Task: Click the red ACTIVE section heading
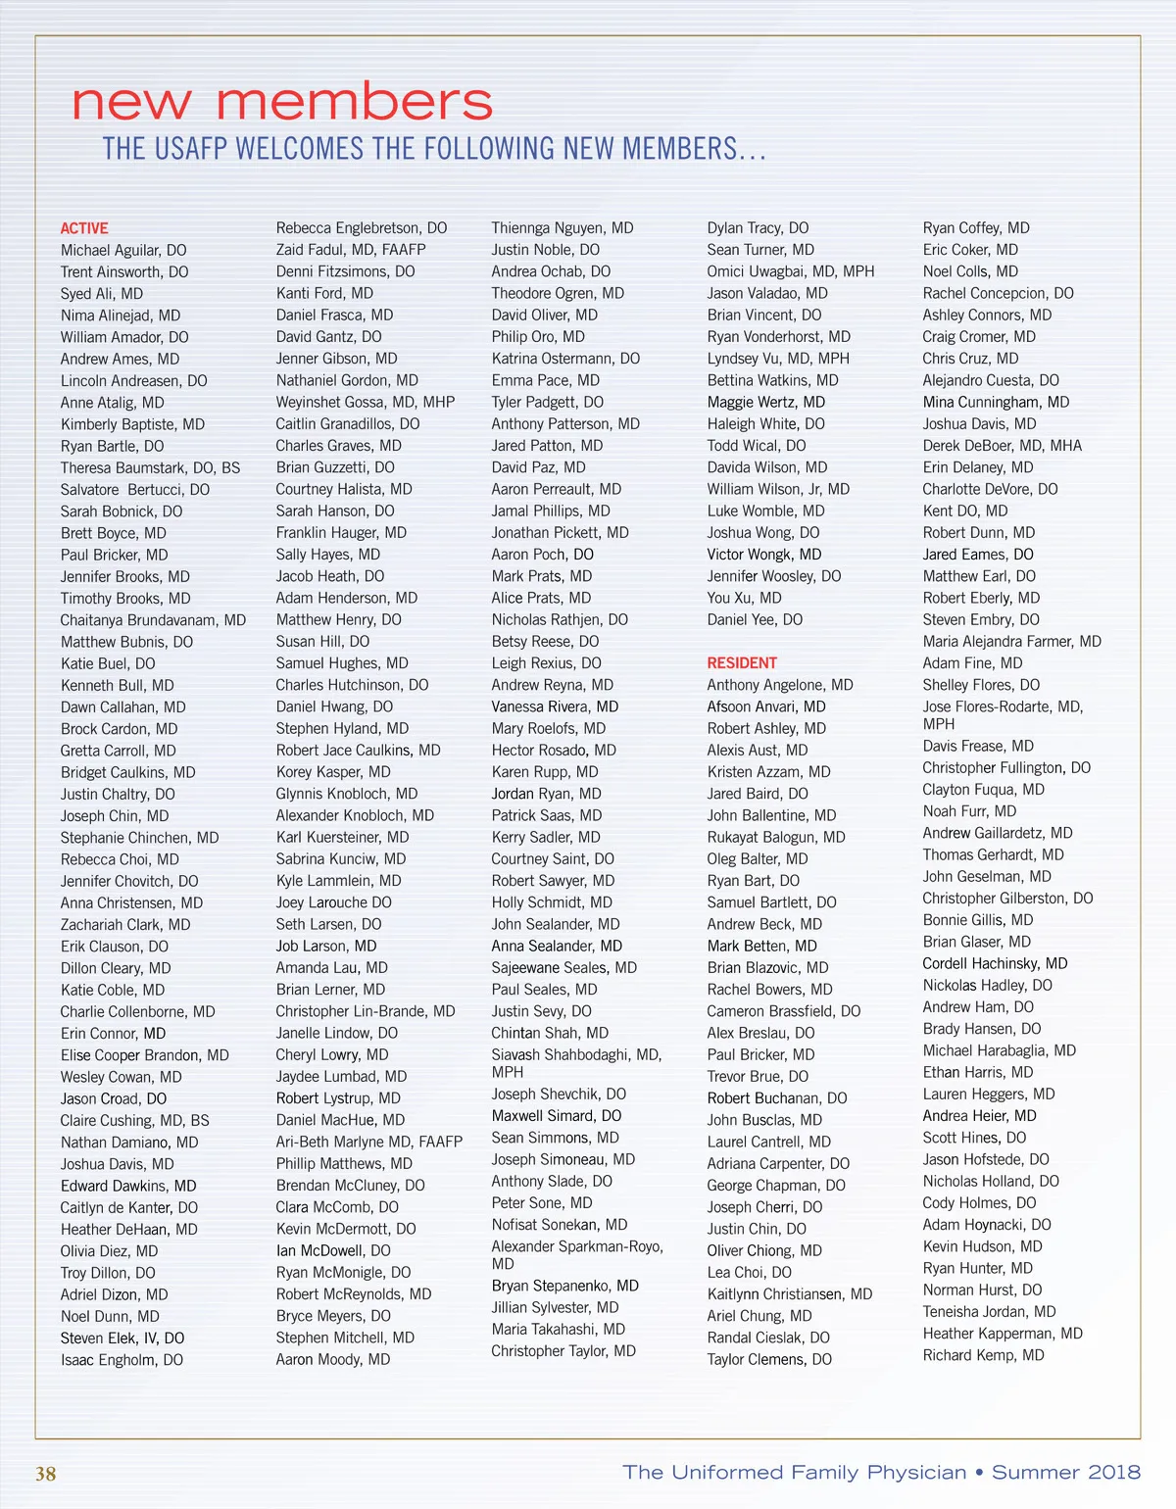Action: click(x=84, y=228)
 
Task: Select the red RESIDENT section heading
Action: click(x=742, y=663)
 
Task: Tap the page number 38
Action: click(x=46, y=1474)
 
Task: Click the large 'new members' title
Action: click(x=282, y=102)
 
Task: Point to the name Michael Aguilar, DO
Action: click(x=123, y=250)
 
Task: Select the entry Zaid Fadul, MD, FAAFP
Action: click(x=351, y=250)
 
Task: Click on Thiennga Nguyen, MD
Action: click(x=563, y=228)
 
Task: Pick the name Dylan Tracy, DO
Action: click(x=759, y=228)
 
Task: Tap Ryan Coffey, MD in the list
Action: click(x=976, y=228)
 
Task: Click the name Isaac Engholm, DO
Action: click(x=122, y=1360)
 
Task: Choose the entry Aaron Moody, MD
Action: click(x=333, y=1360)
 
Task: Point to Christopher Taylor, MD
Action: click(x=563, y=1351)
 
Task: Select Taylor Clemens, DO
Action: click(x=769, y=1360)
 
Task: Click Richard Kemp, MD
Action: click(x=984, y=1355)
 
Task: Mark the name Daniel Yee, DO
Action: click(x=755, y=620)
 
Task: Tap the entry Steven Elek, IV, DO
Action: click(x=122, y=1339)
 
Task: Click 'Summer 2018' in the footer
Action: click(x=1066, y=1473)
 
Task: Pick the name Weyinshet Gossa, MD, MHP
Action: click(x=366, y=402)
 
